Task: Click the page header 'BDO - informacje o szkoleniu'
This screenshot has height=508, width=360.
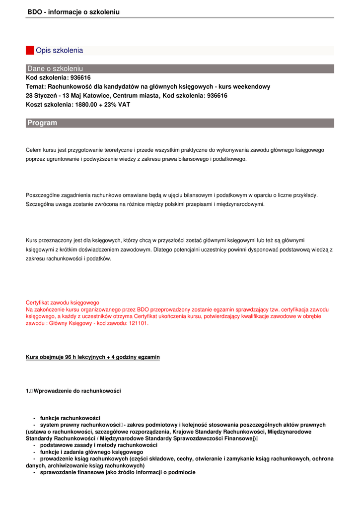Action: coord(73,12)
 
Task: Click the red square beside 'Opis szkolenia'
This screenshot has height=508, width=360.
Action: coord(30,51)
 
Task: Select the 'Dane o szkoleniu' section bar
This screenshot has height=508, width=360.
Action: coord(180,68)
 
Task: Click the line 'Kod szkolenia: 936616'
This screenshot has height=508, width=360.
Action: coord(58,78)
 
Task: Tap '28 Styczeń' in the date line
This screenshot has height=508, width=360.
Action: coord(41,96)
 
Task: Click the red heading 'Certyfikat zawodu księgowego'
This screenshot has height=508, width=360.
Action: coord(63,302)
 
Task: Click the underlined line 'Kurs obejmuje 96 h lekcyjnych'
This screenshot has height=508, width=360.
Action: coord(93,357)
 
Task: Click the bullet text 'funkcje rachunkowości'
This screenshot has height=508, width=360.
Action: coord(70,418)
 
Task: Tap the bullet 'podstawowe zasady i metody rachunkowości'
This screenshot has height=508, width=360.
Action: coord(99,445)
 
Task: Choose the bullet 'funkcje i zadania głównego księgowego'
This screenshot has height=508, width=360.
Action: coord(91,452)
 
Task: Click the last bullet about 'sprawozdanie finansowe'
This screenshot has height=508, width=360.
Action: coord(118,472)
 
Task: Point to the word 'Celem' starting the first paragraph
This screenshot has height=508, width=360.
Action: coord(33,150)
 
